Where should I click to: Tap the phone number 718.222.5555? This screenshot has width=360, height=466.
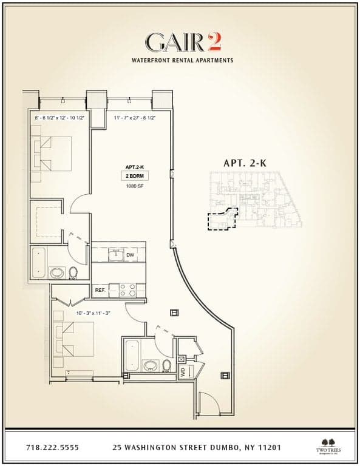pos(52,448)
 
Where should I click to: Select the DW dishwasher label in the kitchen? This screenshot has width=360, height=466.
pos(131,255)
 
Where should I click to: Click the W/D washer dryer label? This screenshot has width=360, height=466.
pos(182,371)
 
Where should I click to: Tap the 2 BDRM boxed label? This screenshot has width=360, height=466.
pos(135,176)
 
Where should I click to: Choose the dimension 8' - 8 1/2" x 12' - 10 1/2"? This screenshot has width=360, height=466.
pos(59,117)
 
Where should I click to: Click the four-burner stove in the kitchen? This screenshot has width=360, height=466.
pos(127,290)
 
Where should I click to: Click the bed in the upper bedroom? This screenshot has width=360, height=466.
pos(52,154)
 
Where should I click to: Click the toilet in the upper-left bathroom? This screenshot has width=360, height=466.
pos(73,272)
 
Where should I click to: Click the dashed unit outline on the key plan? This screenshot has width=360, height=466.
pos(221,220)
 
